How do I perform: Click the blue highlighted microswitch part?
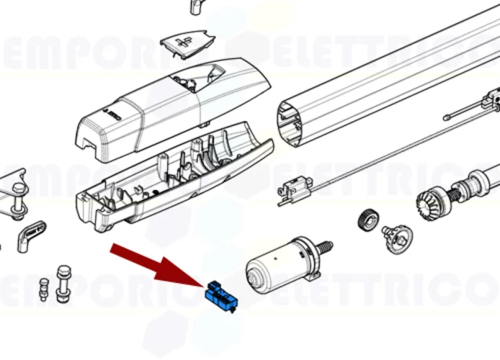coord(222,296)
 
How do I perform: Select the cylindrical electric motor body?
coord(277,266)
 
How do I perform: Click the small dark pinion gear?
coord(367,219)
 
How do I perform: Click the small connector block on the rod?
coord(292,190)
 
